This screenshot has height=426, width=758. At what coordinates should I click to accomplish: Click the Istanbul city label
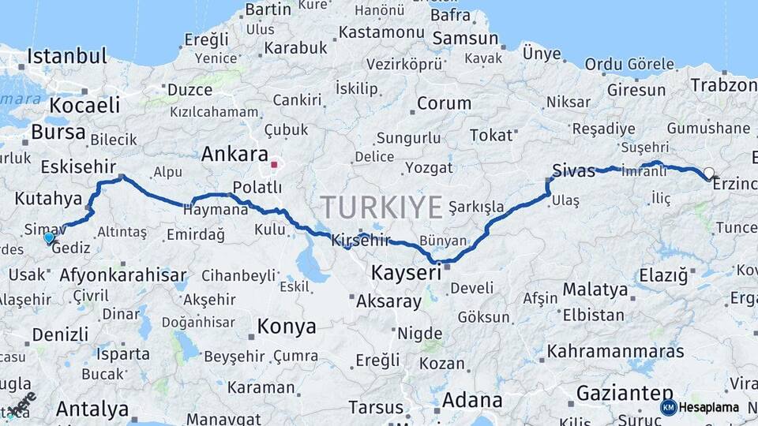[67, 57]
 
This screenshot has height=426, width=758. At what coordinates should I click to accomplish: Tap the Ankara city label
[235, 154]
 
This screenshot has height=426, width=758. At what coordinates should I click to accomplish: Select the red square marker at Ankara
[274, 165]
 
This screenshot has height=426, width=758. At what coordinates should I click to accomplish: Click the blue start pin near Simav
[50, 237]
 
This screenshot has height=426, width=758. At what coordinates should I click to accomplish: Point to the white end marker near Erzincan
[708, 173]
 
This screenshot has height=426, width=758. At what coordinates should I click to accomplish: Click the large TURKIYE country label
[381, 208]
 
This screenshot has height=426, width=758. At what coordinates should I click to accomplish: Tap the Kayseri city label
[406, 274]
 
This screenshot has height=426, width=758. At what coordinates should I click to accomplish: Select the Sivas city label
[574, 171]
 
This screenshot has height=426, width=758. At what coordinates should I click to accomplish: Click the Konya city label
[287, 327]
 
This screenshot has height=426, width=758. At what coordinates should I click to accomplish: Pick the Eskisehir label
[78, 167]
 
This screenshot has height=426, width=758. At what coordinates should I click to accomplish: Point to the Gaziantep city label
[625, 392]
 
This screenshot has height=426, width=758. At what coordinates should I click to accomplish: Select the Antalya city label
[92, 409]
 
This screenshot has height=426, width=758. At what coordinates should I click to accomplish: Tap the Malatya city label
[595, 290]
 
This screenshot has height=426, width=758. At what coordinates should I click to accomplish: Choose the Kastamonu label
[382, 33]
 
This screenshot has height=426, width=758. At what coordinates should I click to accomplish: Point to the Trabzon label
[723, 84]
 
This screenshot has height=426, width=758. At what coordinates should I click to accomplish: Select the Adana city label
[471, 400]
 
